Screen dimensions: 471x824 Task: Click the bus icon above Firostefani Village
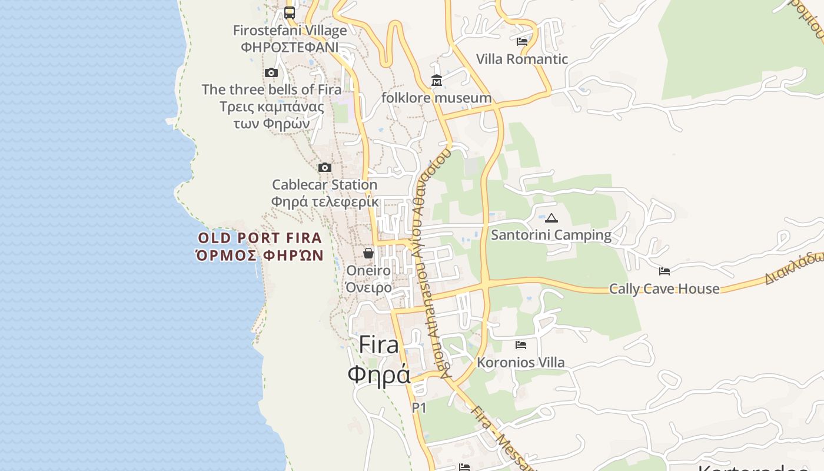pos(290,12)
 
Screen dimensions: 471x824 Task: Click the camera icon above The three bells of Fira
pos(271,72)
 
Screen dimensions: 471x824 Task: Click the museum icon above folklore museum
pos(437,81)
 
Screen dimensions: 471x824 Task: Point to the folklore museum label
pos(436,98)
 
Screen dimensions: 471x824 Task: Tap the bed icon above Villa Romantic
pos(522,41)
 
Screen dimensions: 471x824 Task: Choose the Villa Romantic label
pos(522,59)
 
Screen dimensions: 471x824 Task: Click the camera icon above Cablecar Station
pos(325,167)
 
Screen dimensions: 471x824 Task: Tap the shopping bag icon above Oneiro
pos(368,253)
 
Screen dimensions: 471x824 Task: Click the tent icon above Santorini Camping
pos(551,218)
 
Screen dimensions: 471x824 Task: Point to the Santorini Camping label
pos(551,235)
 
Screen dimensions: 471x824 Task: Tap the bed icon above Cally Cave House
pos(664,271)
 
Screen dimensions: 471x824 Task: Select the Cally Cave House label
pos(664,288)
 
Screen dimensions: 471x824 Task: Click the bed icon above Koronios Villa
pos(521,344)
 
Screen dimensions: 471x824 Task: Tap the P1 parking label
pos(419,407)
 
